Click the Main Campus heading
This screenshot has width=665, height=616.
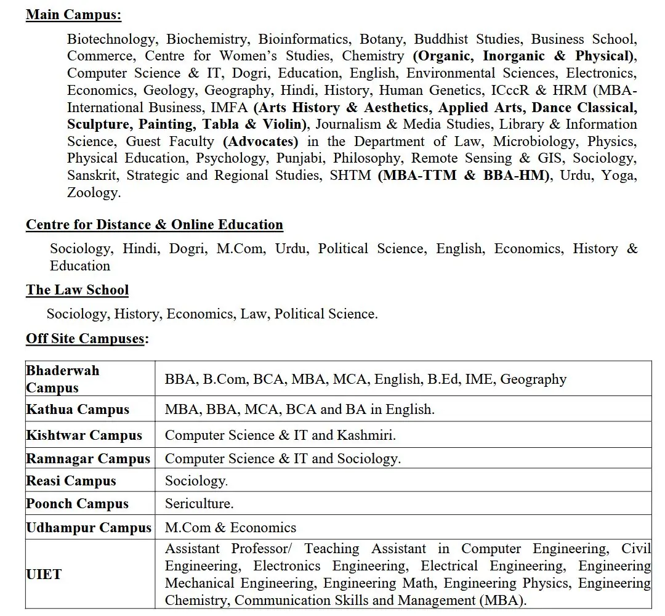pyautogui.click(x=73, y=15)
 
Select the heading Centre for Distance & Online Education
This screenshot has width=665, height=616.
pyautogui.click(x=154, y=225)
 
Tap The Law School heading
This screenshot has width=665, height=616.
pyautogui.click(x=77, y=290)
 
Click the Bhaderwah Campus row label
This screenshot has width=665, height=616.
pyautogui.click(x=62, y=379)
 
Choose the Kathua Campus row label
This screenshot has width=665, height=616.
pyautogui.click(x=78, y=410)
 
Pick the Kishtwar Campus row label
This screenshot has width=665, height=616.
pyautogui.click(x=84, y=436)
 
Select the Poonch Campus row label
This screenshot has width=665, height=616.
pyautogui.click(x=77, y=504)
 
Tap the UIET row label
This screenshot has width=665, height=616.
pyautogui.click(x=44, y=575)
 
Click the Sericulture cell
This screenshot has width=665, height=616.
pyautogui.click(x=199, y=504)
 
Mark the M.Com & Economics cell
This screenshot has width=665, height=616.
pyautogui.click(x=230, y=528)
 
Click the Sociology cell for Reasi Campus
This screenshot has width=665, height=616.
pyautogui.click(x=196, y=481)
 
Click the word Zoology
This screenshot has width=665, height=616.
pyautogui.click(x=94, y=193)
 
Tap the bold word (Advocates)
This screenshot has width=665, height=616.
pyautogui.click(x=260, y=142)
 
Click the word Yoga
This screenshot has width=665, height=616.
pyautogui.click(x=619, y=176)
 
